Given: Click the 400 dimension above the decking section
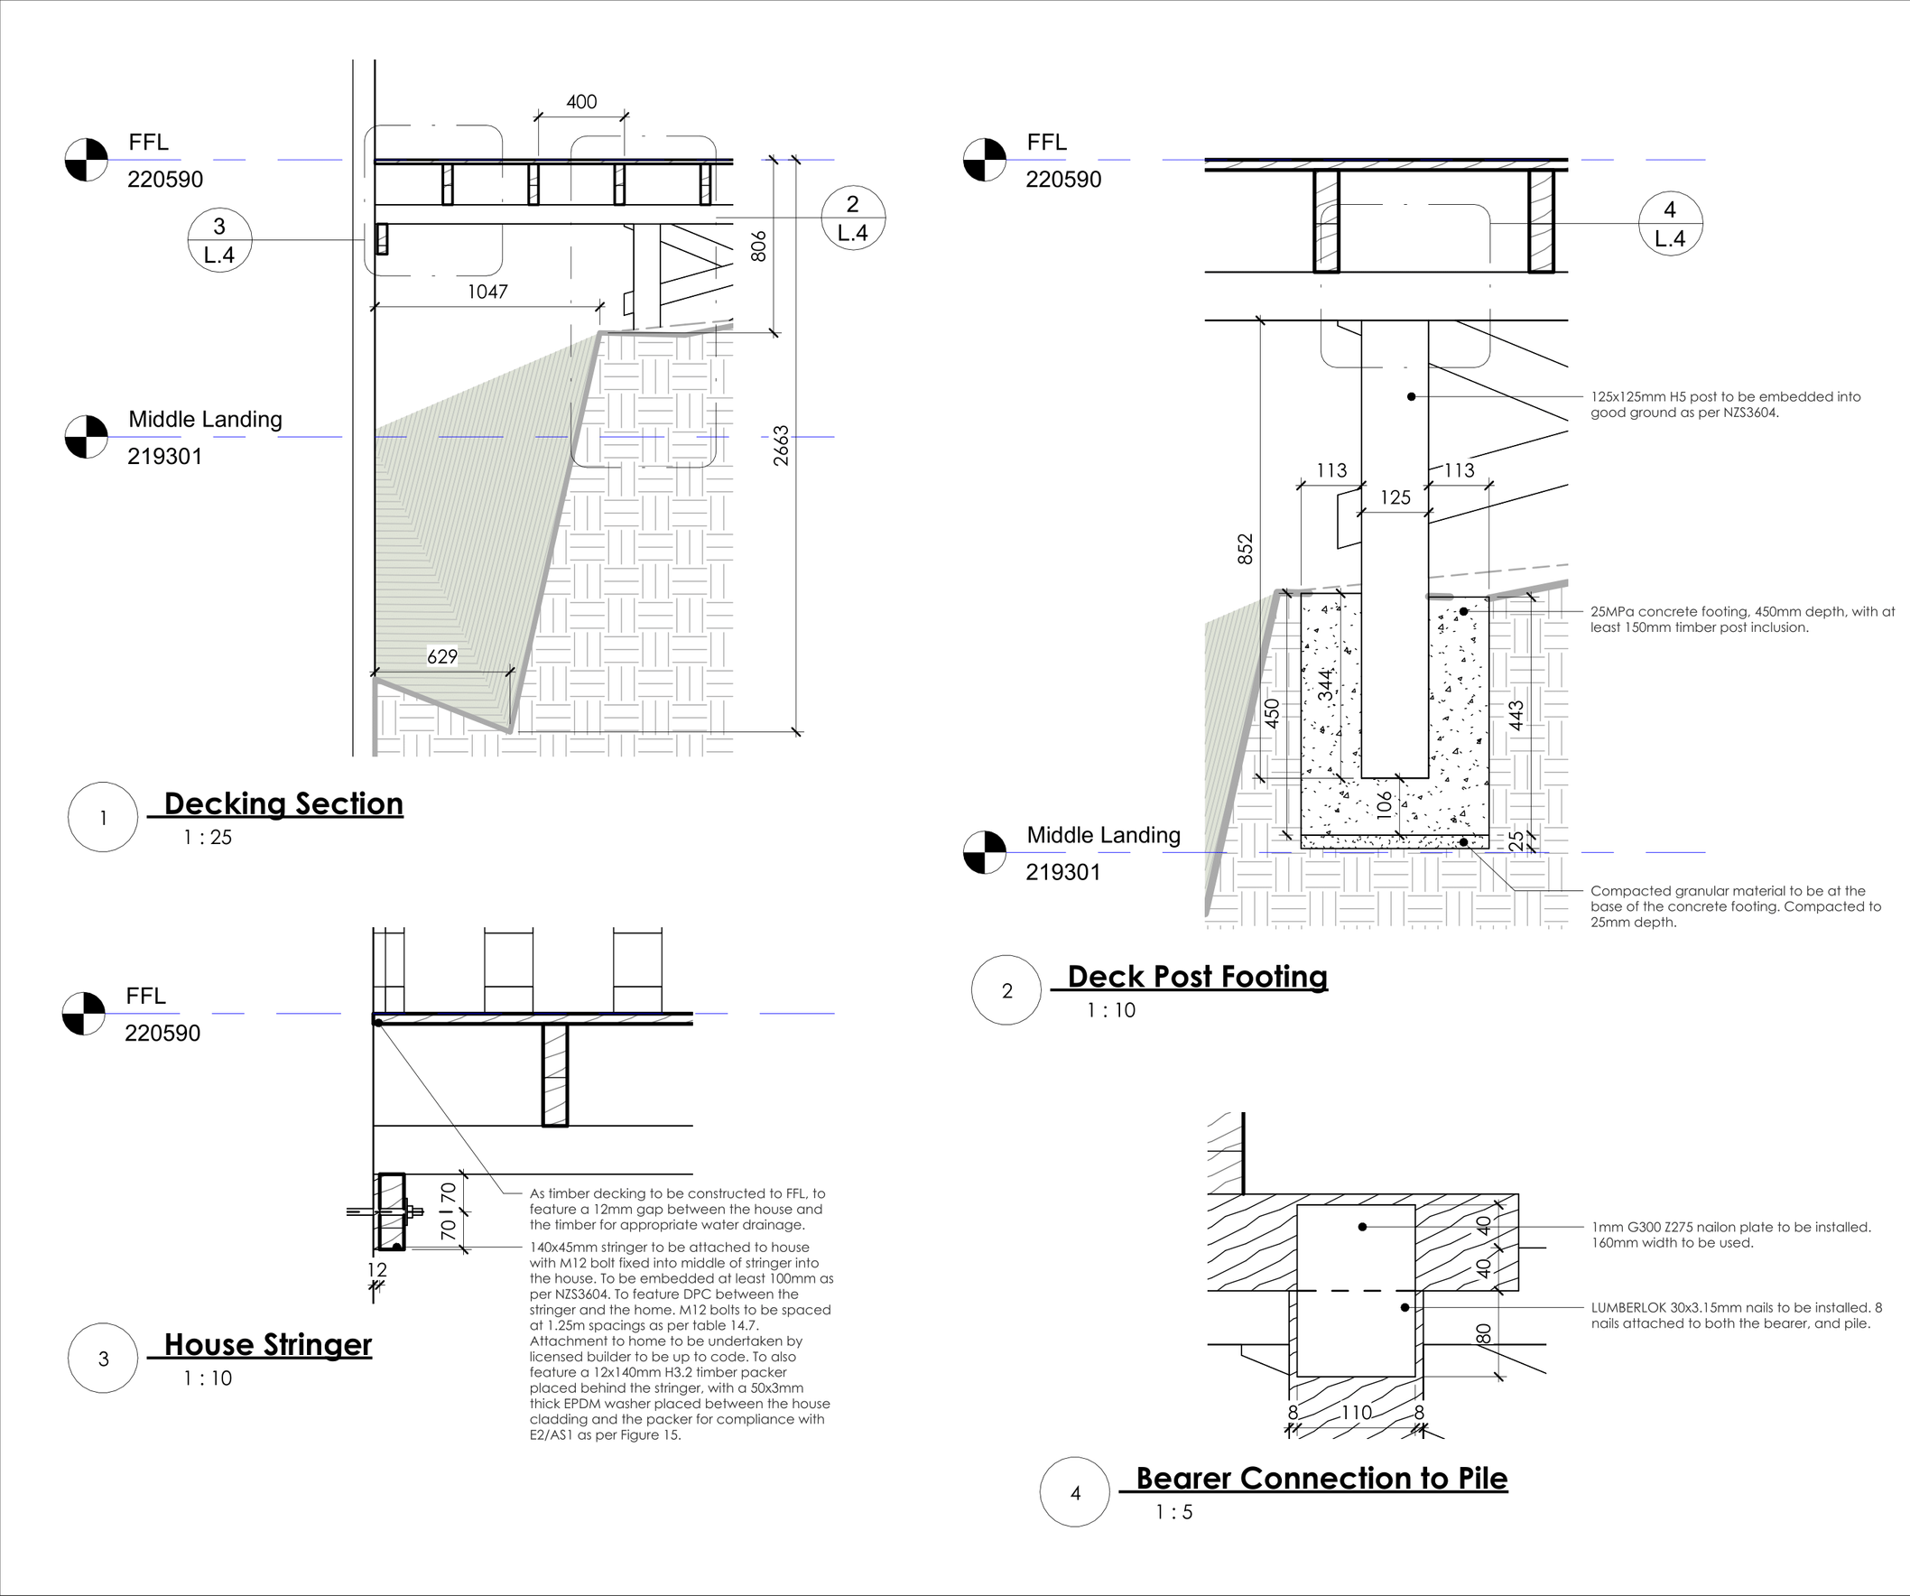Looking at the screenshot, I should tap(581, 102).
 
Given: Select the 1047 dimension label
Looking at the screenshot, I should tap(487, 292).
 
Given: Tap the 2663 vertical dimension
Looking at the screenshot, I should tap(782, 446).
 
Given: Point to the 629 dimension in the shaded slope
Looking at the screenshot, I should tap(442, 656).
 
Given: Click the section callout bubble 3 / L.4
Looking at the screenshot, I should tap(219, 240).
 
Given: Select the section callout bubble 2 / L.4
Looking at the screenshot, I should tap(852, 218).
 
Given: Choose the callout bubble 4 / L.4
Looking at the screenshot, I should tap(1670, 224).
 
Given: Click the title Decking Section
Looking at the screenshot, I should tap(283, 804).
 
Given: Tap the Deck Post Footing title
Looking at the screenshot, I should tap(1197, 977).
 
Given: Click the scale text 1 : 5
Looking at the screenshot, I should tap(1173, 1512).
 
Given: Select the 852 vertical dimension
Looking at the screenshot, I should tap(1245, 549).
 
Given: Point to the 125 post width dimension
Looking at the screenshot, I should tap(1395, 497).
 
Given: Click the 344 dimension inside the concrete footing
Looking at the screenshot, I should tap(1326, 685).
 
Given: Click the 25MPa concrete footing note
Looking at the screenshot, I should tap(1742, 619).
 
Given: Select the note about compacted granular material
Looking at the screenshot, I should tap(1736, 906).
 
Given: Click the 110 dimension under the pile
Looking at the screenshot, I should tap(1356, 1413).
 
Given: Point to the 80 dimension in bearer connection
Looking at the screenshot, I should tap(1483, 1333).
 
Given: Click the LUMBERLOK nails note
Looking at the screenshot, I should tap(1736, 1315).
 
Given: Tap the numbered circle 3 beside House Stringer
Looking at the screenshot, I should tap(104, 1359).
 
